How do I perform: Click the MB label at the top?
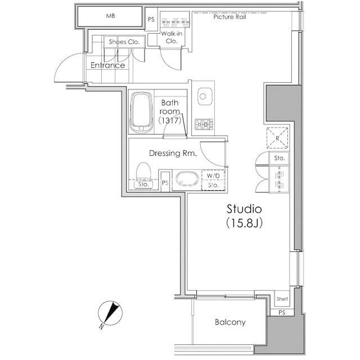coord(110,16)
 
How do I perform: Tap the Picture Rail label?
coord(229,17)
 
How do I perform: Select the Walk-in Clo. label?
coord(172,37)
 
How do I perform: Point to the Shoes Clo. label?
coord(124,42)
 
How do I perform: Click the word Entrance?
coord(107,65)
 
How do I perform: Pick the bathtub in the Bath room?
coord(141,112)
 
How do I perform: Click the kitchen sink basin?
coord(205,96)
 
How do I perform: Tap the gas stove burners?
coord(204,124)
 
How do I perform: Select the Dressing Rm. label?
coord(173,153)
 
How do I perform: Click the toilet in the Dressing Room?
coord(143,170)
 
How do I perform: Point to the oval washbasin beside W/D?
coord(187,179)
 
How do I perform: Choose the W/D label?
coord(213,176)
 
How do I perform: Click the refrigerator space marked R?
coord(277,138)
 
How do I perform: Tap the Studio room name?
coord(244,209)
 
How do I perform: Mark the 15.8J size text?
coord(244,223)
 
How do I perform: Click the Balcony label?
coord(230,322)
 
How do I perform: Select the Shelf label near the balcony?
coord(282,299)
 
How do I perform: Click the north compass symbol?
coord(110,314)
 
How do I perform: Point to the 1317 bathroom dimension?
coord(170,120)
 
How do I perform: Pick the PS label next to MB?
coord(151,20)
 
